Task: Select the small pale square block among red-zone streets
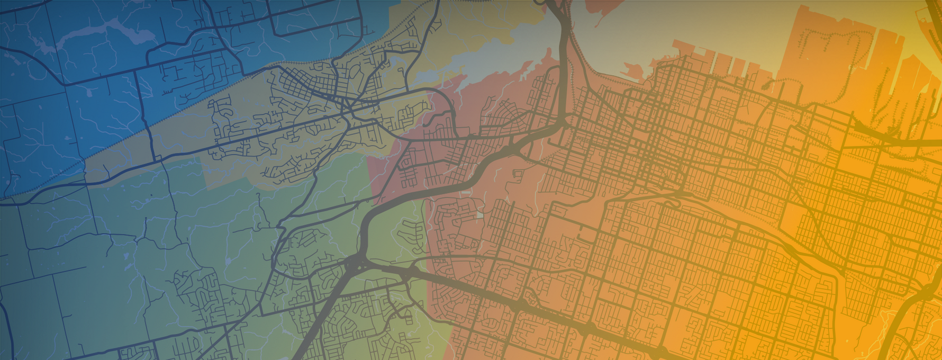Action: pyautogui.click(x=480, y=215)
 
